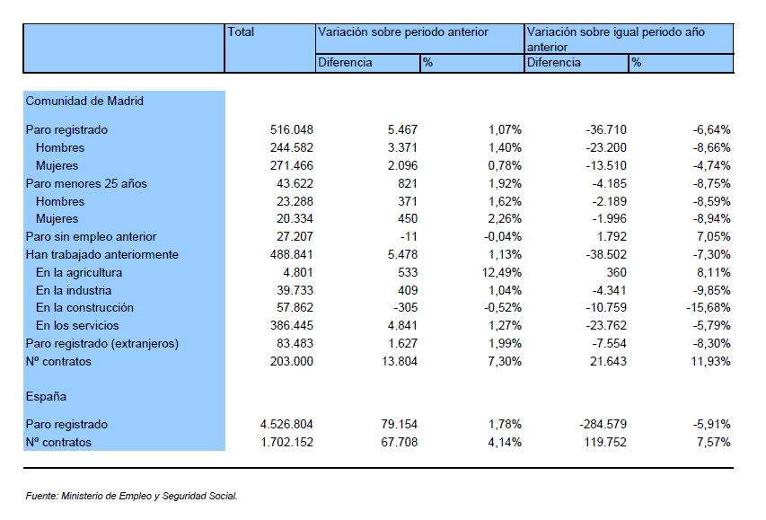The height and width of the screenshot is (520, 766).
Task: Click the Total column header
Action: pyautogui.click(x=241, y=31)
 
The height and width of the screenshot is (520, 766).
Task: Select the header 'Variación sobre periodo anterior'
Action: pyautogui.click(x=403, y=31)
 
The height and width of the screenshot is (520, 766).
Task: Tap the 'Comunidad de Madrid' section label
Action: pyautogui.click(x=84, y=101)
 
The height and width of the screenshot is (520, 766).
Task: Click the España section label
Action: pyautogui.click(x=46, y=396)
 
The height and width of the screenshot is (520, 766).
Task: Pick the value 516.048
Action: pyautogui.click(x=292, y=129)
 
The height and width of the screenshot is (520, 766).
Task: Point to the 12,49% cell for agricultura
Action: pyautogui.click(x=502, y=272)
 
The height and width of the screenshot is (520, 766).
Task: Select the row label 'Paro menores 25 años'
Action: pyautogui.click(x=86, y=183)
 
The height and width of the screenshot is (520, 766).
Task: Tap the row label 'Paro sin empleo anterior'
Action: pyautogui.click(x=91, y=236)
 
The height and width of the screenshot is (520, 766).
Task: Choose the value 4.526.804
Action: pyautogui.click(x=286, y=424)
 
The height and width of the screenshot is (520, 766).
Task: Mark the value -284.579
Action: pyautogui.click(x=603, y=424)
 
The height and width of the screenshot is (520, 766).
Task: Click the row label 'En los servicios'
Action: pyautogui.click(x=77, y=325)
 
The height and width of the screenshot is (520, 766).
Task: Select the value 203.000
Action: pyautogui.click(x=292, y=361)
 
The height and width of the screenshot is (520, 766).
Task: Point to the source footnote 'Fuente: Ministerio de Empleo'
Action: pyautogui.click(x=131, y=496)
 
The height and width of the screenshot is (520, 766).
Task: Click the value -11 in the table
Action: pyautogui.click(x=409, y=236)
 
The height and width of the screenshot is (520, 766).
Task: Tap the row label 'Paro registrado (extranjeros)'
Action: pyautogui.click(x=102, y=344)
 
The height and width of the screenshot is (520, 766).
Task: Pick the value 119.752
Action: pyautogui.click(x=605, y=442)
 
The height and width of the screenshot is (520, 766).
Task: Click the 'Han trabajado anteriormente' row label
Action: pyautogui.click(x=102, y=255)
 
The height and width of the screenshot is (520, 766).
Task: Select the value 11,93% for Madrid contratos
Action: pyautogui.click(x=711, y=361)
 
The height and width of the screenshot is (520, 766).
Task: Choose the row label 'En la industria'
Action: pyautogui.click(x=74, y=290)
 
